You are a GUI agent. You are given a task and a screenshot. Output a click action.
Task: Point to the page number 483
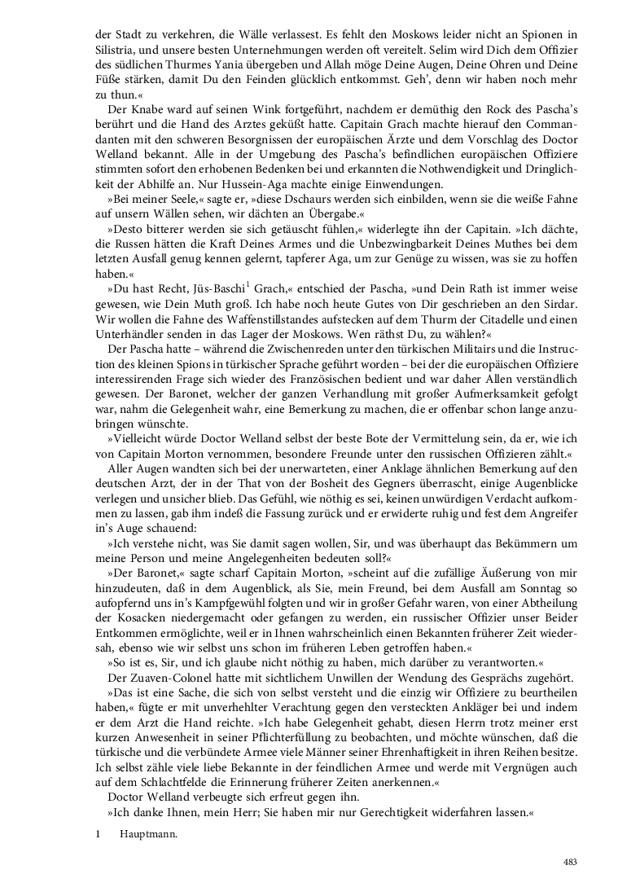(x=570, y=862)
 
